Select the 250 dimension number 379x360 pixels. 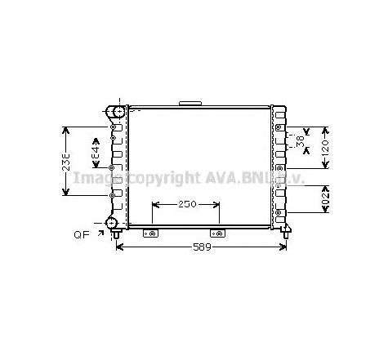pyautogui.click(x=186, y=204)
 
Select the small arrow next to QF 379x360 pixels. pyautogui.click(x=100, y=233)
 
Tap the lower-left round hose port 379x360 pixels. pyautogui.click(x=113, y=223)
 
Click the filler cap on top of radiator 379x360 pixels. pyautogui.click(x=190, y=103)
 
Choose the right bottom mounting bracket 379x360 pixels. pyautogui.click(x=219, y=234)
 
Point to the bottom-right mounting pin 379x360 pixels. pyautogui.click(x=286, y=235)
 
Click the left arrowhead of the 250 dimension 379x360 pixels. pyautogui.click(x=154, y=204)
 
